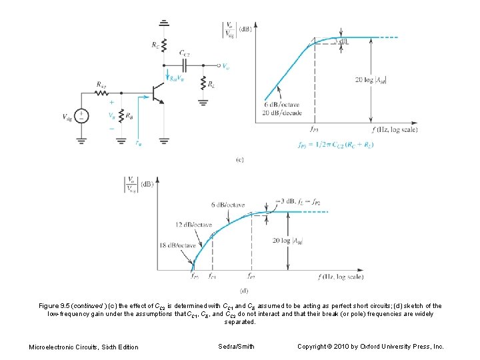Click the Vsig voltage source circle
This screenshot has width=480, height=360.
pos(81,116)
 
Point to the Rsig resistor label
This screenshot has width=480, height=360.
pos(100,85)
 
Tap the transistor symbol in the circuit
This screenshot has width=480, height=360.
pos(158,93)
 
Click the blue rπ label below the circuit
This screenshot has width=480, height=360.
pos(138,142)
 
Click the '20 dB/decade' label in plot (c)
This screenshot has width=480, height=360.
pos(283,112)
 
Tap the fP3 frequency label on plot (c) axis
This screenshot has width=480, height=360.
pos(314,130)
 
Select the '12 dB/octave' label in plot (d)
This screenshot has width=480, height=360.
pos(190,225)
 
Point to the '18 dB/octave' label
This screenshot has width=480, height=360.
pos(178,245)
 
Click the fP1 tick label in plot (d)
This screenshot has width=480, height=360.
pos(211,276)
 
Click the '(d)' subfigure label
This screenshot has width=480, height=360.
pos(243,290)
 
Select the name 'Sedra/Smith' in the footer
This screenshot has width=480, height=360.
pos(237,346)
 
